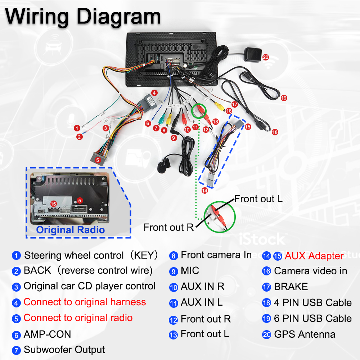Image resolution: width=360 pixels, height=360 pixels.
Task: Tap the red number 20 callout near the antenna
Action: coord(265,57)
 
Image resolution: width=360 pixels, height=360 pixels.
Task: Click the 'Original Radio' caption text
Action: coord(70,230)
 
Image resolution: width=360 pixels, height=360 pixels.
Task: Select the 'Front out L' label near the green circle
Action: coord(258,199)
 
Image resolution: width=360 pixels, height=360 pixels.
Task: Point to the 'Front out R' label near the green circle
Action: coord(168,227)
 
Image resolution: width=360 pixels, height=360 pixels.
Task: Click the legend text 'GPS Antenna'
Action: coord(305,334)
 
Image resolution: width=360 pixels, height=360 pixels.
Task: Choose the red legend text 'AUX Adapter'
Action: coord(314,256)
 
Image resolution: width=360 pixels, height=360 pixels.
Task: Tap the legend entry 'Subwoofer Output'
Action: coord(64,350)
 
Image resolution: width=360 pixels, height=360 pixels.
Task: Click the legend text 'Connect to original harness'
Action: coord(85,302)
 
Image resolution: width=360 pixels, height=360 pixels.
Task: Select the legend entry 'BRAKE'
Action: coord(291,287)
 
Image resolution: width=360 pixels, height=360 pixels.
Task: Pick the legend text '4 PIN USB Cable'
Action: coord(312,302)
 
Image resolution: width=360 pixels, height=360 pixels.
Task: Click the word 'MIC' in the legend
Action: coord(190,271)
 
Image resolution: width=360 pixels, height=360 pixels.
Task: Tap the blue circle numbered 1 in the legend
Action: coord(16,256)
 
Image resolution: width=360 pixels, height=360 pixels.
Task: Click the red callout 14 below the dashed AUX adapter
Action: coord(204,190)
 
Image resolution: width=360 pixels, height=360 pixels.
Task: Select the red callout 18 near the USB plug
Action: coord(275,132)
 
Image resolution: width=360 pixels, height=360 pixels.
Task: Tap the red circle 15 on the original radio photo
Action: coord(54,204)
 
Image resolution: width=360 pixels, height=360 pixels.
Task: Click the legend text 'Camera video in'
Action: coord(310,271)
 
